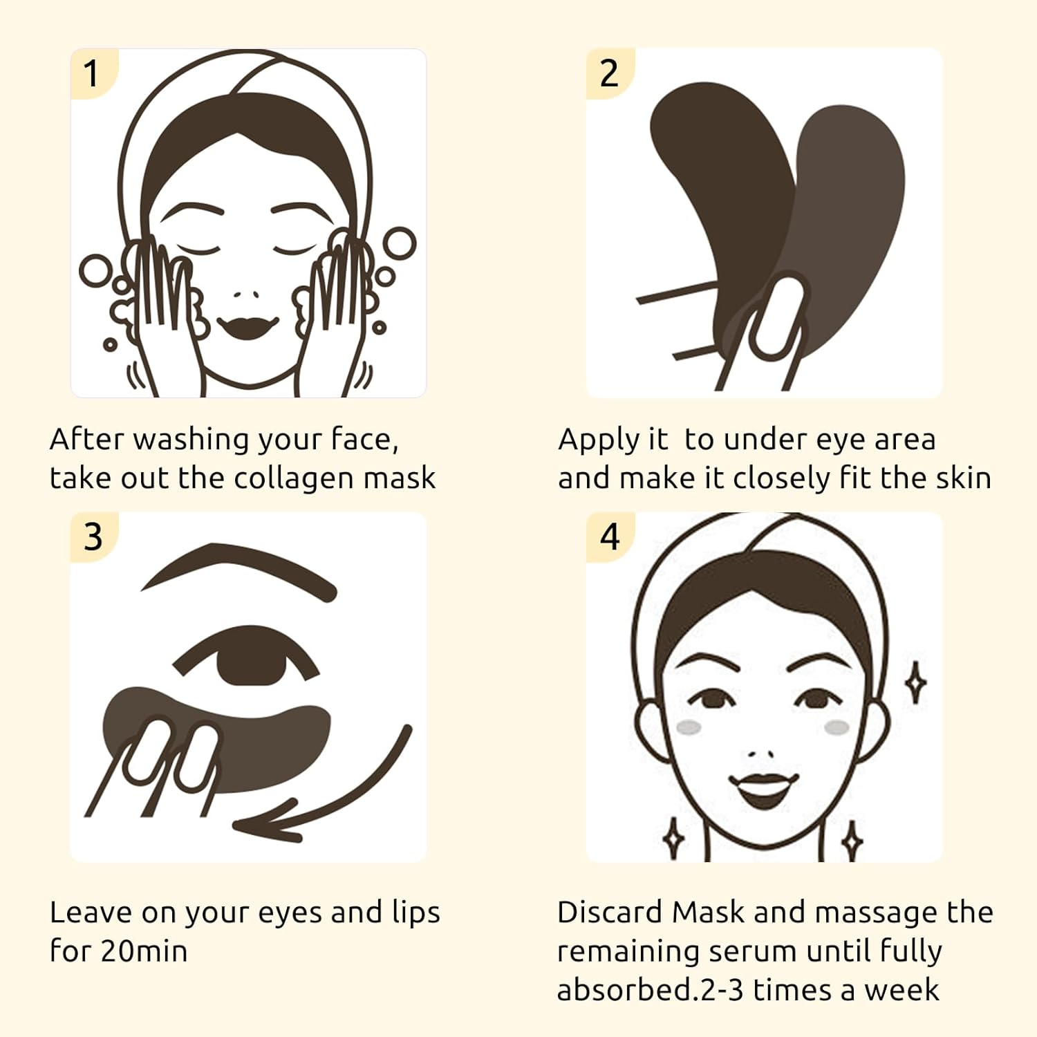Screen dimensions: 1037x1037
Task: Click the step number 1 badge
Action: (x=92, y=73)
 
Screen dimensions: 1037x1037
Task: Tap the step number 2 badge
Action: (x=609, y=73)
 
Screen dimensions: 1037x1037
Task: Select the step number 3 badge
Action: (x=93, y=537)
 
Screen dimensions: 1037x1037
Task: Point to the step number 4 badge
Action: (x=609, y=537)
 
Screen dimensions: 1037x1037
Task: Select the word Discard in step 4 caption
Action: (x=609, y=913)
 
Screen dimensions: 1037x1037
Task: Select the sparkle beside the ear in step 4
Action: (x=916, y=682)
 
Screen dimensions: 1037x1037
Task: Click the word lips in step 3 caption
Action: (x=415, y=913)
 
